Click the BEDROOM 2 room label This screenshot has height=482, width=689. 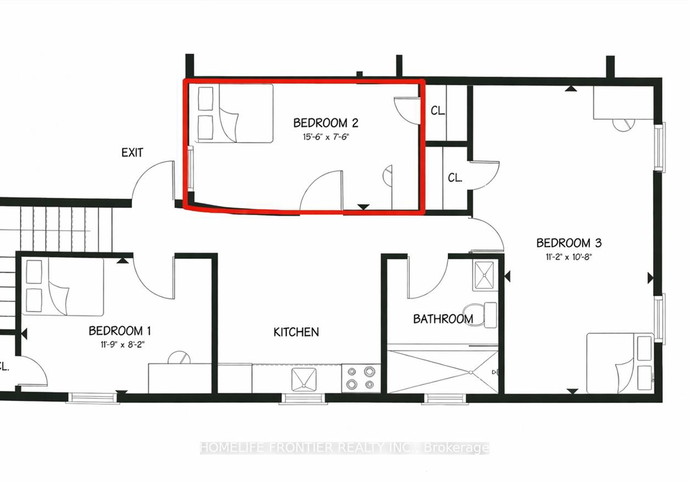326,123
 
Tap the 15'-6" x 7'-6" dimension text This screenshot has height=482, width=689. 326,137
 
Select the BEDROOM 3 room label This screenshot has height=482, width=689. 568,242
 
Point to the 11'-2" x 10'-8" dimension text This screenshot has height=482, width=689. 569,257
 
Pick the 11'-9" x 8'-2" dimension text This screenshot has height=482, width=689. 122,344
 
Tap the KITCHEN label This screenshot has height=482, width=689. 296,332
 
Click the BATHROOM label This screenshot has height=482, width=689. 443,318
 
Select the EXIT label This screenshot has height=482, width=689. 132,153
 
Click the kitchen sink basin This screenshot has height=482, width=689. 304,379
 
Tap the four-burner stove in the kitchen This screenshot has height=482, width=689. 360,379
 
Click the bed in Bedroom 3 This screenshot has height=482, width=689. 619,363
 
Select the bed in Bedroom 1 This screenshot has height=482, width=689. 62,287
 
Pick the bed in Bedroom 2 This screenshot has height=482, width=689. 235,113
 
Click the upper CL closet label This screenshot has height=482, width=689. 437,110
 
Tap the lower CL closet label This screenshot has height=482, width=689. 455,178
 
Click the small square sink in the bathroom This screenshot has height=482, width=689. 485,275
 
